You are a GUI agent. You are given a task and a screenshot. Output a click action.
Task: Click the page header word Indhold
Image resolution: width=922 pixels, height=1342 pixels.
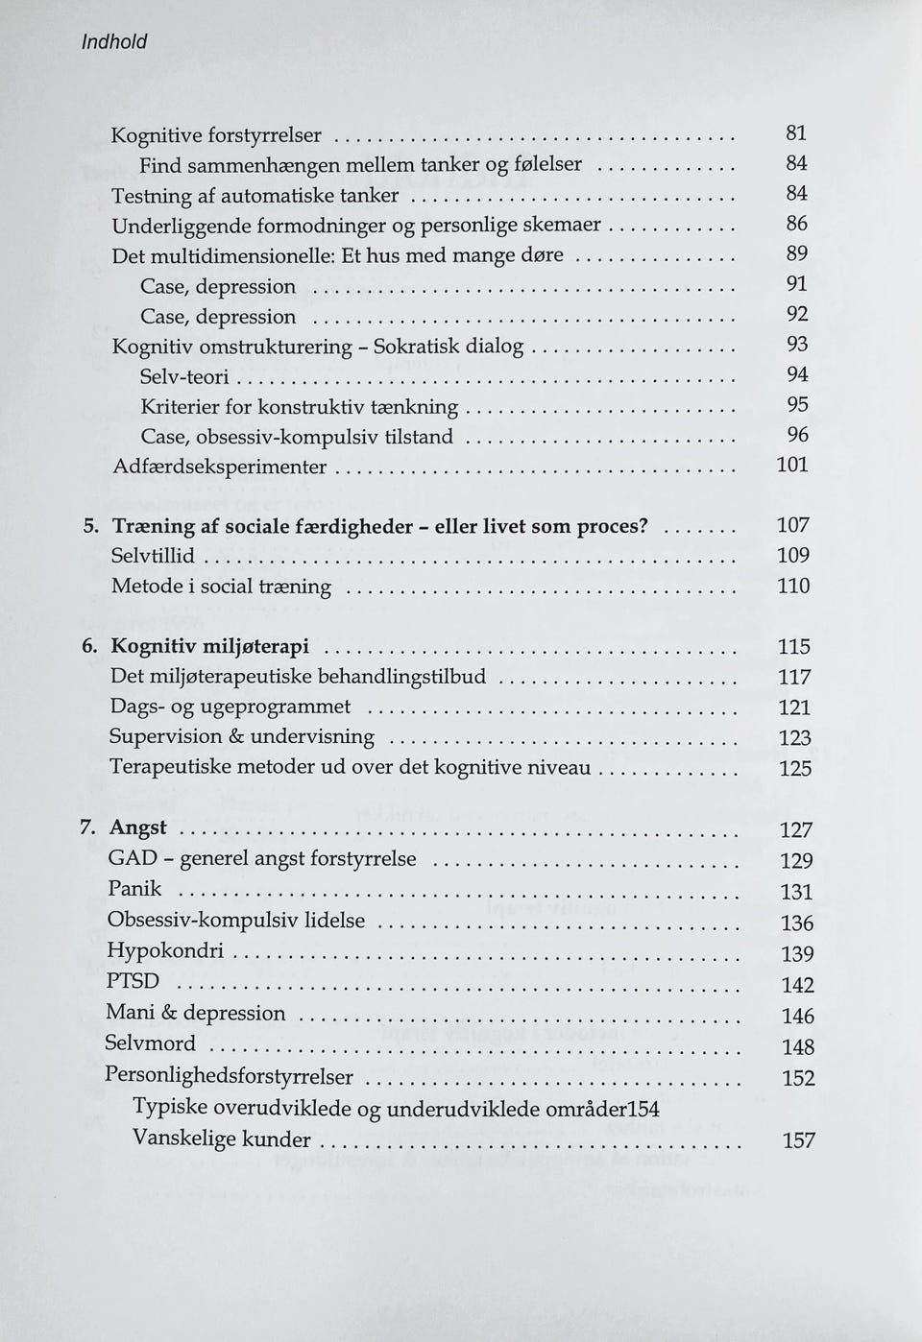(113, 42)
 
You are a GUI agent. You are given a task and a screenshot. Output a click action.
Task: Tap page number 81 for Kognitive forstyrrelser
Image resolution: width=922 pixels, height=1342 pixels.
(796, 133)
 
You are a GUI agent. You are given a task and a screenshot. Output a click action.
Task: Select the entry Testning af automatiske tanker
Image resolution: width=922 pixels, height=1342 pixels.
(255, 196)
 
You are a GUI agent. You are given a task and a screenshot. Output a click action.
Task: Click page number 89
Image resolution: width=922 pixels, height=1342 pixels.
(796, 254)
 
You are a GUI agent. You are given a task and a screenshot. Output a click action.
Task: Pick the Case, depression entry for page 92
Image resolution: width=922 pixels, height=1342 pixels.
(218, 317)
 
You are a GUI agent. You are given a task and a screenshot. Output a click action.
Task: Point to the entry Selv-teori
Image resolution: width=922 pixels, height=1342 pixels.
(184, 377)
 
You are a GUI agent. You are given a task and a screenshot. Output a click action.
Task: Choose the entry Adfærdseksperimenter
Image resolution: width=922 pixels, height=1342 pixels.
(219, 467)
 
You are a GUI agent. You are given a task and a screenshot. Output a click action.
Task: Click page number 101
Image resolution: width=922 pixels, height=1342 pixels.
(792, 466)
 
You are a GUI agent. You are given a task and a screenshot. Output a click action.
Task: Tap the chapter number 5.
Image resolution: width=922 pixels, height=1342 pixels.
(89, 527)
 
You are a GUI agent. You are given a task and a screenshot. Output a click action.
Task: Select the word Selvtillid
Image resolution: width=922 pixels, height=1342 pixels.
(153, 556)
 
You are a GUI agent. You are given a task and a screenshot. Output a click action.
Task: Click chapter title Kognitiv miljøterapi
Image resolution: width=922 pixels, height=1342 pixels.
(210, 647)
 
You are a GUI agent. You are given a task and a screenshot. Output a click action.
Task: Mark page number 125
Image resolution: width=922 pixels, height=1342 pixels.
(794, 769)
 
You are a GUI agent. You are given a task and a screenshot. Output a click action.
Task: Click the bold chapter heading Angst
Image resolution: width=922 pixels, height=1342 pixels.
(138, 827)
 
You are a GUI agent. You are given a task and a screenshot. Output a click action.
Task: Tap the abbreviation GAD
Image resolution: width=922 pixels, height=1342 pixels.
(132, 858)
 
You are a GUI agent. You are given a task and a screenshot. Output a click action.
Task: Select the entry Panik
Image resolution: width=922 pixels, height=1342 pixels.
(134, 889)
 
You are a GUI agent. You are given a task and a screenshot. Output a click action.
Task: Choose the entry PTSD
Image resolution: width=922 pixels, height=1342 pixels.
(133, 981)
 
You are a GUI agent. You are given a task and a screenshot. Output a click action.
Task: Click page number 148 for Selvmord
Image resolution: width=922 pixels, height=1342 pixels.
(798, 1047)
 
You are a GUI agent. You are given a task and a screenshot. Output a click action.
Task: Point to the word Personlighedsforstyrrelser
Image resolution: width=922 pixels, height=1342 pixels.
(229, 1076)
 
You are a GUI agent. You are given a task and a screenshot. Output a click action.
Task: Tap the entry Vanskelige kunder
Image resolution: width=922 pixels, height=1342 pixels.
(222, 1139)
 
